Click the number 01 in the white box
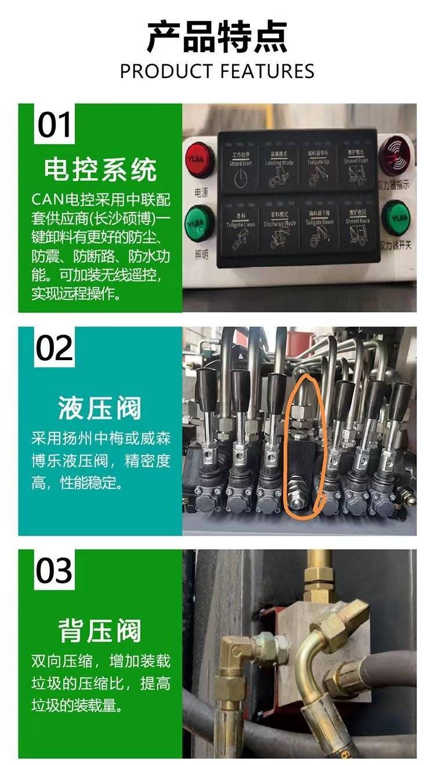pos(55,125)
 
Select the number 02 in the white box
pos(55,347)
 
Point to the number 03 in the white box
pos(55,570)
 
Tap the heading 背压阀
pos(100,631)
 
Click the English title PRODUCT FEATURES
pos(217,71)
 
